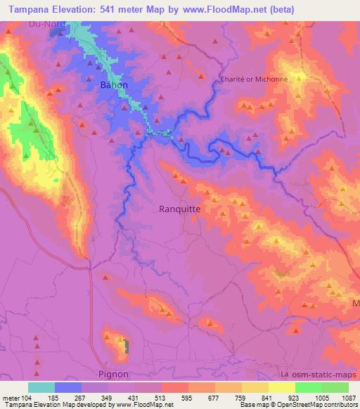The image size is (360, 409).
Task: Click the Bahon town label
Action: click(114, 84)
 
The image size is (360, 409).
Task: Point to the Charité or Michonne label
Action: click(254, 79)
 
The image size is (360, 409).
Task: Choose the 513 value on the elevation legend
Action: click(161, 397)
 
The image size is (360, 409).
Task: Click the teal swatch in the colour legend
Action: click(41, 387)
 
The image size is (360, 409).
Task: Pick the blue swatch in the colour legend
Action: click(68, 387)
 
